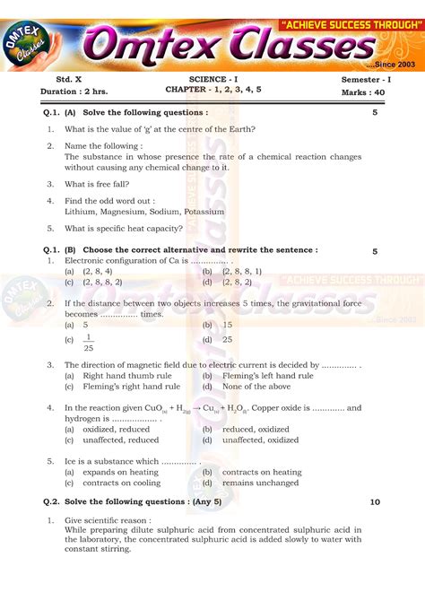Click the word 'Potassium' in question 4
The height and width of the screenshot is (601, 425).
pyautogui.click(x=204, y=212)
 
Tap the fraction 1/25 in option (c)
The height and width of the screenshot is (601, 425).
pyautogui.click(x=88, y=342)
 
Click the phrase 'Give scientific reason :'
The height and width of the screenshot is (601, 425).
pyautogui.click(x=108, y=520)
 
